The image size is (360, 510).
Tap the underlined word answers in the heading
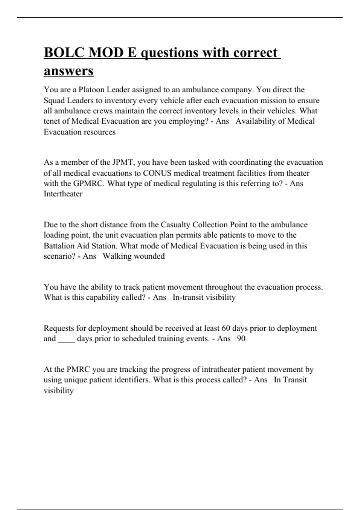69,71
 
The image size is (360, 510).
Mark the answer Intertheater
63,194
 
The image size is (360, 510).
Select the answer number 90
241,339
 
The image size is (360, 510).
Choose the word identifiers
133,380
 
